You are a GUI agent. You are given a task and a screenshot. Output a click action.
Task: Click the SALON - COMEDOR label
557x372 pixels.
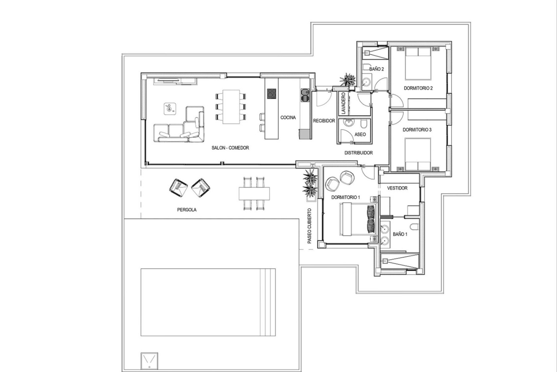(x=230, y=148)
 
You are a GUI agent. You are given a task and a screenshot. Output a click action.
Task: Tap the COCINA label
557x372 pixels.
(x=288, y=118)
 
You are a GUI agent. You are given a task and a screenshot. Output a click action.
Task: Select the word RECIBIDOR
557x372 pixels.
(x=324, y=121)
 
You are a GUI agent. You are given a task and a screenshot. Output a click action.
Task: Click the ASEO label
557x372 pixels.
(x=360, y=135)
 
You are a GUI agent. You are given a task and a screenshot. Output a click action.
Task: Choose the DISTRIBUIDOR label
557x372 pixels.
(x=359, y=153)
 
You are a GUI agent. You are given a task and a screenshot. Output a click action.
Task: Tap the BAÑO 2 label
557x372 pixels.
(x=377, y=69)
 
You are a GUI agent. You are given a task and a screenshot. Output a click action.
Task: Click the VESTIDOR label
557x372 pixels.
(x=397, y=188)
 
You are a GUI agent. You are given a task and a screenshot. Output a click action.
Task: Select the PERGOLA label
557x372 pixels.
(x=187, y=210)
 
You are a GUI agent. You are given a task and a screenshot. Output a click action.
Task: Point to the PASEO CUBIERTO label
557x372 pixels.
(x=309, y=226)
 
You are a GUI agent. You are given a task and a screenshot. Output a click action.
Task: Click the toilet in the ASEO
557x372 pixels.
(x=364, y=125)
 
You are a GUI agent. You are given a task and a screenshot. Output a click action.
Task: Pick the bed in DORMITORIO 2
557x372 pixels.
(x=418, y=63)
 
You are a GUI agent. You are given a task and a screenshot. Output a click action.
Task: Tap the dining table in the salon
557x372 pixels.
(x=231, y=107)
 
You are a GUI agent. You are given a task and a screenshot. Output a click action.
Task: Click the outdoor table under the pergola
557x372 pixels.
(x=254, y=194)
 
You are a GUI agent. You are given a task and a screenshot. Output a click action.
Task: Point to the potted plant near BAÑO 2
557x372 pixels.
(x=347, y=79)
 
